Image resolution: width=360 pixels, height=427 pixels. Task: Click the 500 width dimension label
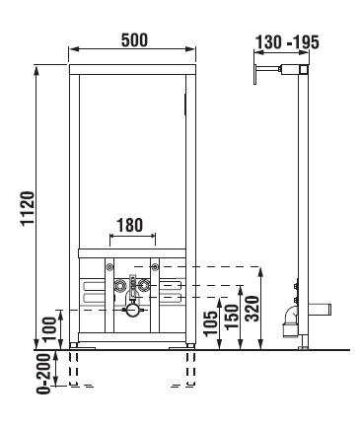click(x=134, y=40)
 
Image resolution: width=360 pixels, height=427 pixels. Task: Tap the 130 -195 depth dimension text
click(x=287, y=42)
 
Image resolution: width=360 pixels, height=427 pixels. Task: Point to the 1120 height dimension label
click(x=28, y=208)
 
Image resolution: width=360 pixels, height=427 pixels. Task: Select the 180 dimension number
click(x=129, y=225)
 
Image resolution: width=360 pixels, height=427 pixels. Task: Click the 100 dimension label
click(x=49, y=329)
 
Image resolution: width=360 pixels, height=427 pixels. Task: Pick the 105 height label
click(x=211, y=323)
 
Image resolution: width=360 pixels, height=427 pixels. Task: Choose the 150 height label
click(x=232, y=317)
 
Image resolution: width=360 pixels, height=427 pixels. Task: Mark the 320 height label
click(x=252, y=309)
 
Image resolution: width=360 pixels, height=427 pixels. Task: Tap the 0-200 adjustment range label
click(x=43, y=374)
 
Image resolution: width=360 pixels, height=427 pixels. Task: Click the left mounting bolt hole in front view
click(x=109, y=266)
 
